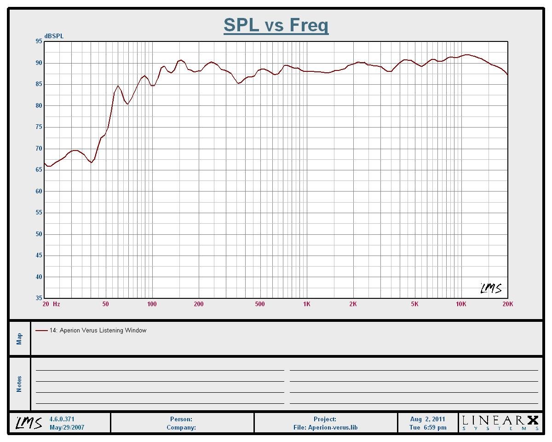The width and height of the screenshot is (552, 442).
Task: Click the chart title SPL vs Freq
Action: coord(276,25)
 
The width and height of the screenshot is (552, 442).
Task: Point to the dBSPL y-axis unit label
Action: coord(54,36)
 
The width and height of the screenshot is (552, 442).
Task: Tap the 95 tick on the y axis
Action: coord(38,41)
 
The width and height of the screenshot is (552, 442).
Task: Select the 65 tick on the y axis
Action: coord(38,170)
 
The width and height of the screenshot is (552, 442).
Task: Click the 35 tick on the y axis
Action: coord(38,298)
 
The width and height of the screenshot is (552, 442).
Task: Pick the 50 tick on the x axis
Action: coord(106,304)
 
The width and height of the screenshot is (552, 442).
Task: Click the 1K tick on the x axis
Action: coord(306,304)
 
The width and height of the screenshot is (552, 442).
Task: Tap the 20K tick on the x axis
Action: coord(508,304)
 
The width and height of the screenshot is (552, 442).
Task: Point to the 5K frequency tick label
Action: coord(415,304)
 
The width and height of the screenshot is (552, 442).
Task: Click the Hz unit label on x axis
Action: coord(56,304)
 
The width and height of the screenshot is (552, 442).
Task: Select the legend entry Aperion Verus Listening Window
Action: coord(98,330)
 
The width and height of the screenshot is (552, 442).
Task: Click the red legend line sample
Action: coord(41,331)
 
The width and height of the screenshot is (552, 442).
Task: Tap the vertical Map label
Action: coord(19,338)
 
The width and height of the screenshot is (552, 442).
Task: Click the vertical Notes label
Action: coord(19,384)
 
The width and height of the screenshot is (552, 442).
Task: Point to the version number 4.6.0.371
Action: coord(62,419)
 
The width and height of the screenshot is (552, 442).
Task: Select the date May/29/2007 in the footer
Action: coord(67,427)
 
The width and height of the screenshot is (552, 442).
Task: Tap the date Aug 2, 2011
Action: coord(428,419)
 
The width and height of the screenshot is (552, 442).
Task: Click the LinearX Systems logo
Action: coord(500,423)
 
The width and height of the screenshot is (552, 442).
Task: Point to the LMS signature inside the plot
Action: coord(491,289)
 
